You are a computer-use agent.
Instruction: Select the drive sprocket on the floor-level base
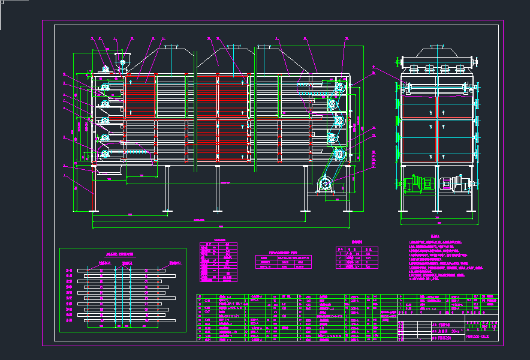(x=326, y=184)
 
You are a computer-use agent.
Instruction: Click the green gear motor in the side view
(x=426, y=184)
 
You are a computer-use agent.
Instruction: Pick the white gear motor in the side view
(x=450, y=184)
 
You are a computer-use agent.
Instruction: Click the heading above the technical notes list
(x=435, y=236)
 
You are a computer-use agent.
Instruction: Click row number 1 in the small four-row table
(x=339, y=254)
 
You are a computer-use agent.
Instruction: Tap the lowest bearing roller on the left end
(x=105, y=155)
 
